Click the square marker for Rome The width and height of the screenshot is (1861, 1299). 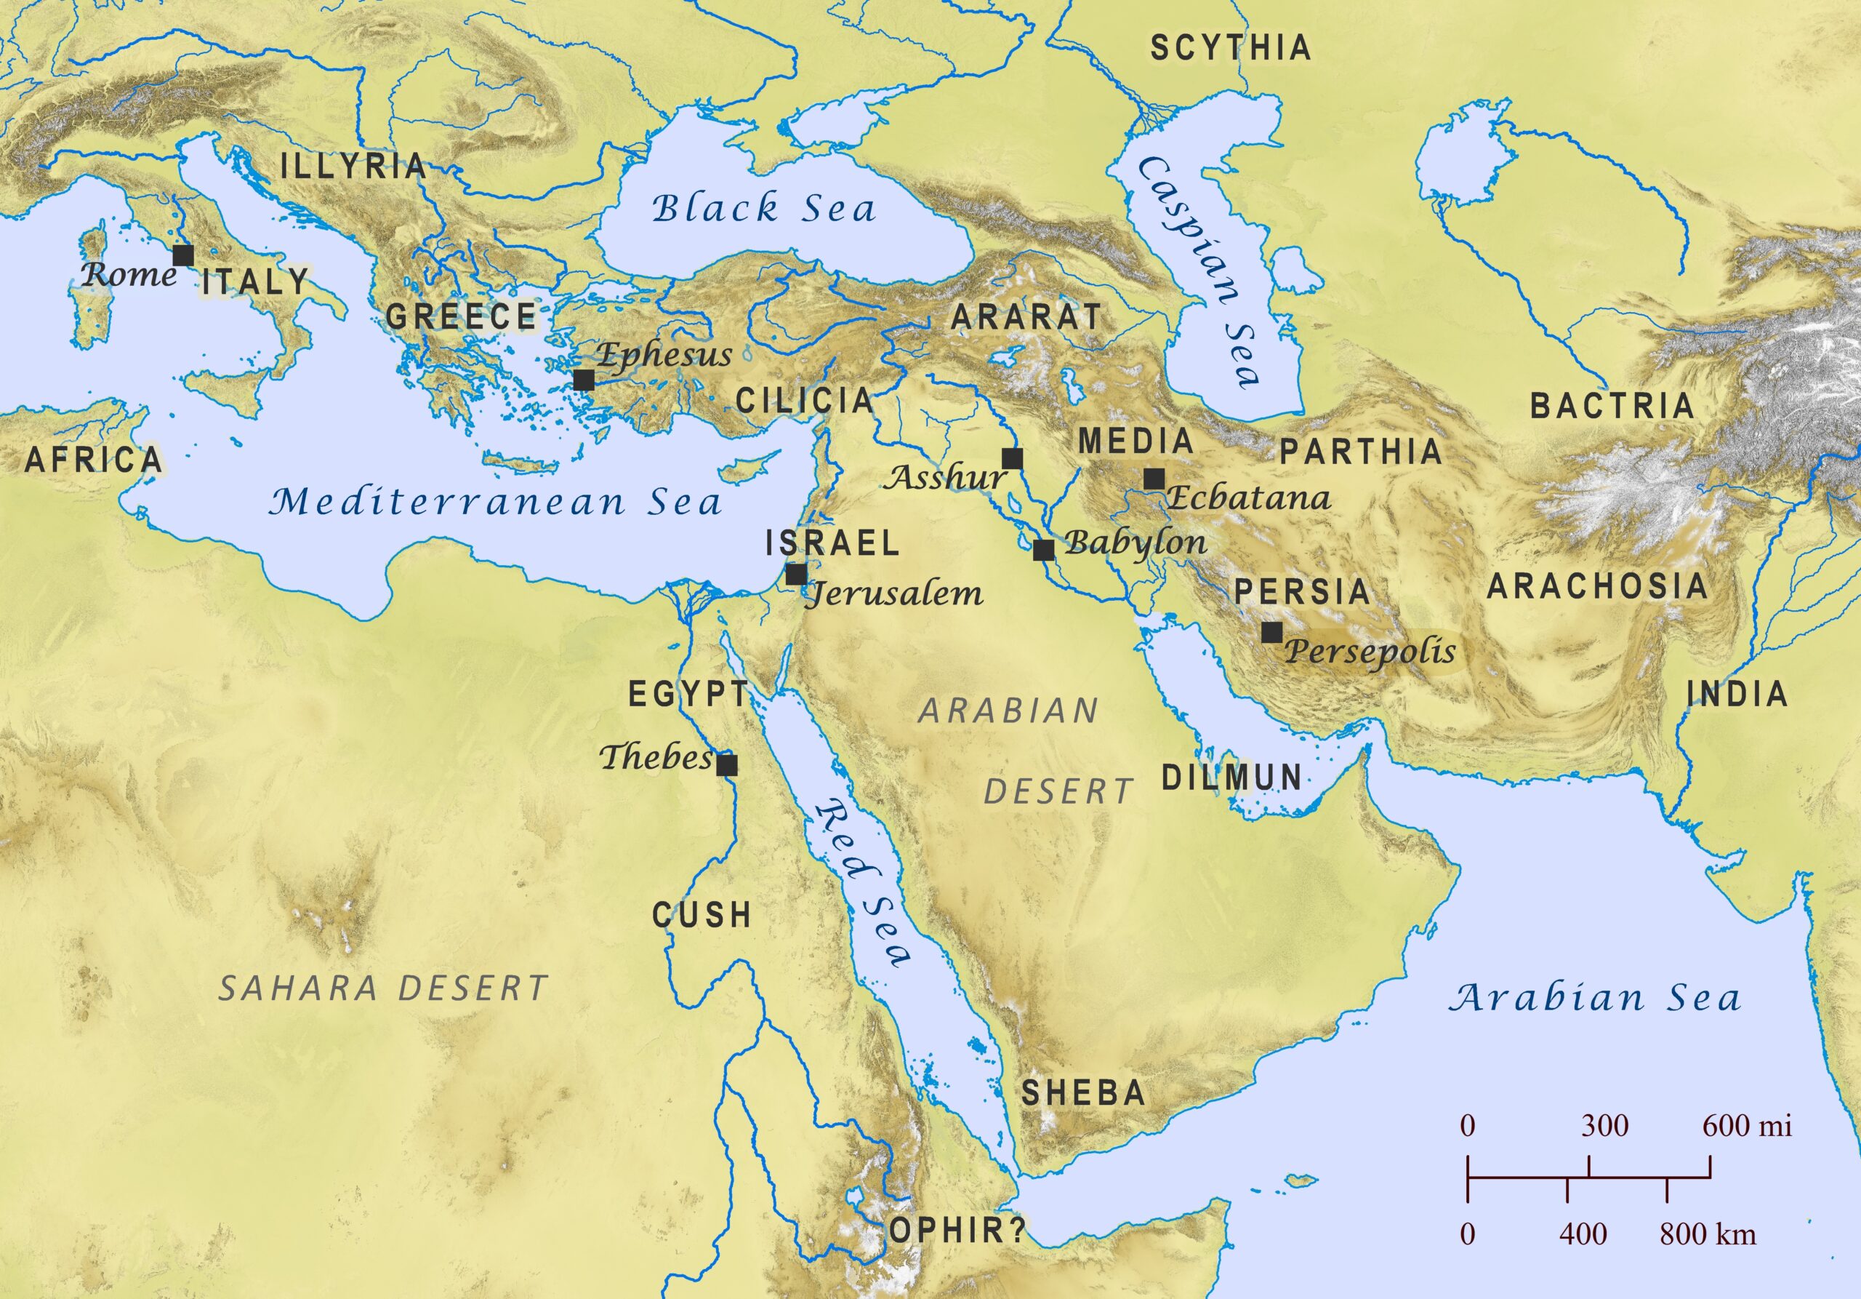tap(183, 255)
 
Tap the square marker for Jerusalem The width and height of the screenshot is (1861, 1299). tap(796, 575)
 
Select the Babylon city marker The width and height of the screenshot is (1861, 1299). tap(1043, 551)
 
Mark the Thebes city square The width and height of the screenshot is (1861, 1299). tap(727, 764)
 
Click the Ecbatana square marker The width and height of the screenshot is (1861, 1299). tap(1154, 479)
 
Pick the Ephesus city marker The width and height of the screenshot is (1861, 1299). tap(583, 380)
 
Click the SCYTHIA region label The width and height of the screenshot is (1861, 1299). tap(1231, 48)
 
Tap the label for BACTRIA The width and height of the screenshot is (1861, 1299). tap(1612, 405)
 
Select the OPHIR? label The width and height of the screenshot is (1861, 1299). tap(957, 1230)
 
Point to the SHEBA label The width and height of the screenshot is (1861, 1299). tap(1083, 1093)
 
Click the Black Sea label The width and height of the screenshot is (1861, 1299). tap(763, 209)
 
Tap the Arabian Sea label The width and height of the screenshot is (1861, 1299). tap(1595, 997)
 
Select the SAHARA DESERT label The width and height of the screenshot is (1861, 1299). tap(383, 988)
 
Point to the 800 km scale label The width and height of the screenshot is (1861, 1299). tap(1708, 1234)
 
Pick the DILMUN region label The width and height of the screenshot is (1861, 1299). tap(1231, 778)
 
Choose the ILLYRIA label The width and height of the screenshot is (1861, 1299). tap(353, 167)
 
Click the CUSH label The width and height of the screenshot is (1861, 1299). tap(702, 916)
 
